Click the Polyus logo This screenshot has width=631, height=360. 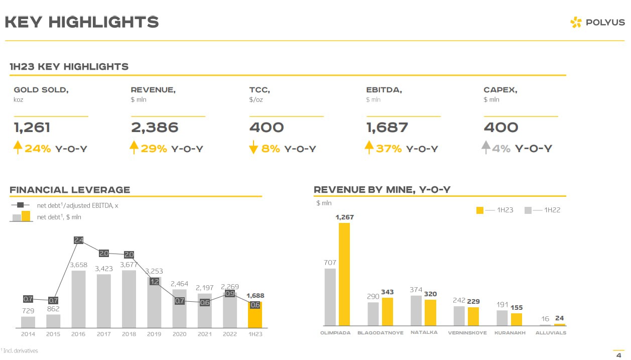pyautogui.click(x=597, y=22)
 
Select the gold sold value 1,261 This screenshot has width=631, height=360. pyautogui.click(x=32, y=128)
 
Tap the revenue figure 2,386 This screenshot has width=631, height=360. pyautogui.click(x=155, y=128)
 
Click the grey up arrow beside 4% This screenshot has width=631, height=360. pyautogui.click(x=485, y=148)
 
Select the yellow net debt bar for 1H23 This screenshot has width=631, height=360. pyautogui.click(x=255, y=315)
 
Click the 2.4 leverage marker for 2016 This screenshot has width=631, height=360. pyautogui.click(x=78, y=240)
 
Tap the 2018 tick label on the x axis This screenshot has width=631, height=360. pyautogui.click(x=129, y=334)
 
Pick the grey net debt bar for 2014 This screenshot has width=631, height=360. pyautogui.click(x=28, y=322)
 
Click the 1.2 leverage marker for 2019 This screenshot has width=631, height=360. pyautogui.click(x=154, y=282)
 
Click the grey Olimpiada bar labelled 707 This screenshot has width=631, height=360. pyautogui.click(x=330, y=297)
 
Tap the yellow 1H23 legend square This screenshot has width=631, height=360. pyautogui.click(x=480, y=210)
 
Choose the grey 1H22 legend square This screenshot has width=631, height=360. pyautogui.click(x=528, y=210)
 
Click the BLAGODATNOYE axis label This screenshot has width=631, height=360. pyautogui.click(x=380, y=333)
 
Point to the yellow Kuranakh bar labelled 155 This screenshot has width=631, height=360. pyautogui.click(x=517, y=320)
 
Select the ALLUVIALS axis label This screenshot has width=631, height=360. pyautogui.click(x=551, y=333)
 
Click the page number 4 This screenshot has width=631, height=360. pyautogui.click(x=618, y=355)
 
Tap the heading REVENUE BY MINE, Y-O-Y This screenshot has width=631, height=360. pyautogui.click(x=382, y=190)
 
